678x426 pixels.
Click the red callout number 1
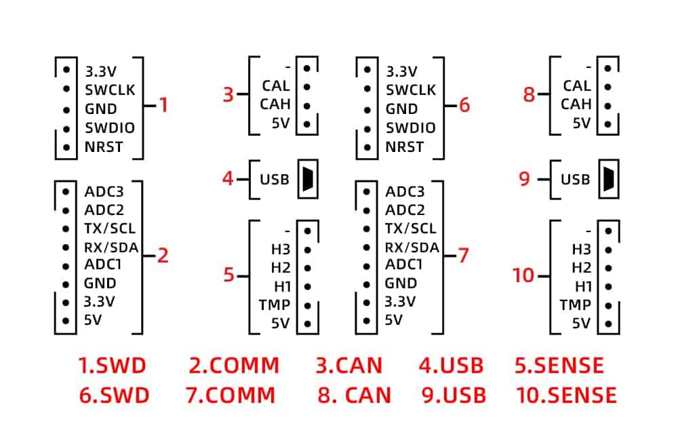pyautogui.click(x=163, y=105)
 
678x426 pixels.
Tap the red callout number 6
pyautogui.click(x=464, y=105)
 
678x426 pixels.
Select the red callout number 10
pyautogui.click(x=523, y=275)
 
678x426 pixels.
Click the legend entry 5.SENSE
pyautogui.click(x=559, y=366)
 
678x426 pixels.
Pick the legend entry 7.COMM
pyautogui.click(x=231, y=394)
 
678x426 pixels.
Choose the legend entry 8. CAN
pyautogui.click(x=354, y=394)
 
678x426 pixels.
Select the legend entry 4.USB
pyautogui.click(x=451, y=366)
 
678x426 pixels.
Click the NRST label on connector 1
pyautogui.click(x=104, y=147)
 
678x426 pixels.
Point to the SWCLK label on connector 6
pyautogui.click(x=411, y=90)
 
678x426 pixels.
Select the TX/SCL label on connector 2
pyautogui.click(x=109, y=229)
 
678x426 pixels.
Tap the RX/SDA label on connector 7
pyautogui.click(x=412, y=247)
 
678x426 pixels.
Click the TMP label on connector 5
pyautogui.click(x=274, y=305)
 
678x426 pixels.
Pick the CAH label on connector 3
pyautogui.click(x=275, y=104)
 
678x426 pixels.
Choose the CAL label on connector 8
pyautogui.click(x=577, y=86)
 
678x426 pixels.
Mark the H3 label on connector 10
pyautogui.click(x=582, y=249)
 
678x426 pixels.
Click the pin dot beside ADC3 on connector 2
pyautogui.click(x=66, y=191)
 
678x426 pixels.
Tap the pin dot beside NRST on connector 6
pyautogui.click(x=367, y=147)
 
